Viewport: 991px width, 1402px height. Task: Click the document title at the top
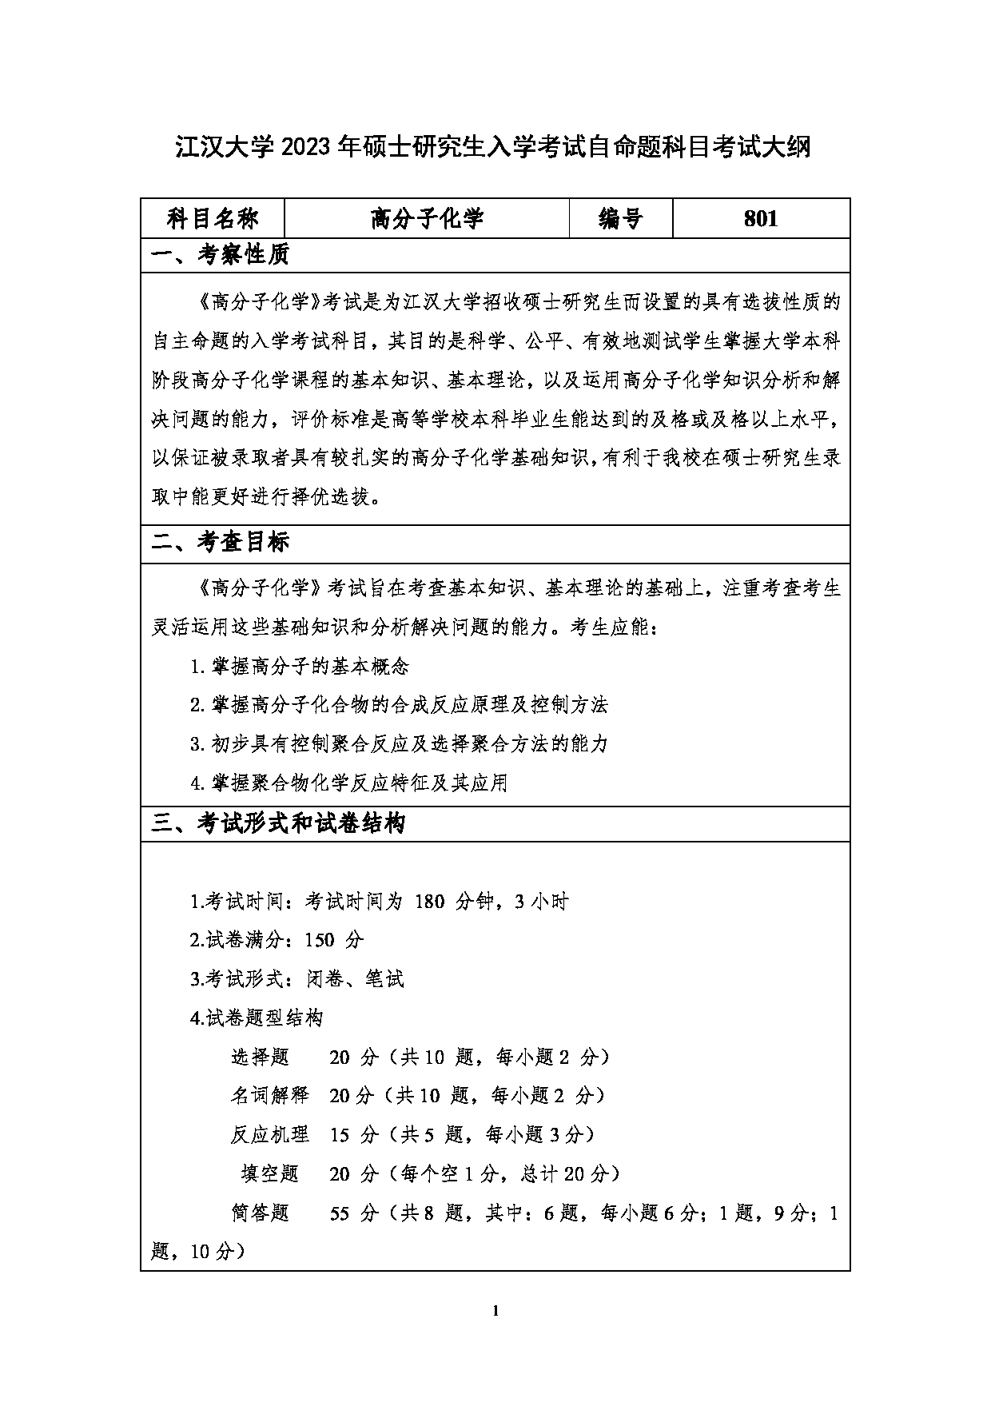(493, 147)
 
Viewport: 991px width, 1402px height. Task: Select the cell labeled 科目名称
(212, 218)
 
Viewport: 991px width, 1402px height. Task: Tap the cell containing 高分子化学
(427, 218)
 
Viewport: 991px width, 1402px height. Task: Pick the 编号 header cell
(621, 218)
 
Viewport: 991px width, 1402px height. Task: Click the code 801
(760, 218)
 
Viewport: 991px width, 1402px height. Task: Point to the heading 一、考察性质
(221, 256)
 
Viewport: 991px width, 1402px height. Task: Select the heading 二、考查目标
(221, 543)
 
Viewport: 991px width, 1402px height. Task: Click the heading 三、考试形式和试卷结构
(279, 824)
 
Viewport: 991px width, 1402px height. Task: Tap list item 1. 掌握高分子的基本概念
(300, 666)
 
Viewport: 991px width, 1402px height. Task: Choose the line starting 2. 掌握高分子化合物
(399, 705)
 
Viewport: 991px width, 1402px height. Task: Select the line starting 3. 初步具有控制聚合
(399, 744)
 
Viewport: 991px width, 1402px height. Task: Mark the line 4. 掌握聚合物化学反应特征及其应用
(349, 783)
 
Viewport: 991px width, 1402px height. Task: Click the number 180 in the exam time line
(429, 902)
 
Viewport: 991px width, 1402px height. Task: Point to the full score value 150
(320, 940)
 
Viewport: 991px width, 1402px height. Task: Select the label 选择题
(260, 1057)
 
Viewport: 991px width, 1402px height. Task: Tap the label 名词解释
(269, 1096)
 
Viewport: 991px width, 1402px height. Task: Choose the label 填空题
(269, 1174)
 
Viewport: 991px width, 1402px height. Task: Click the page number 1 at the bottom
(496, 1310)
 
